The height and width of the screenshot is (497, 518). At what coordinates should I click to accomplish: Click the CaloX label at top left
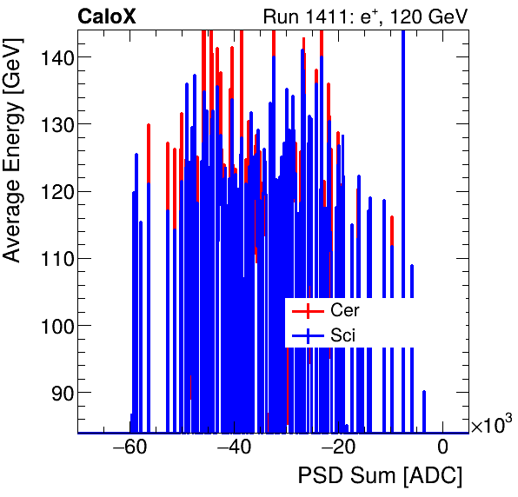pyautogui.click(x=105, y=17)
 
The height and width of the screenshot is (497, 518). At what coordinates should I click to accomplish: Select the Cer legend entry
pyautogui.click(x=344, y=310)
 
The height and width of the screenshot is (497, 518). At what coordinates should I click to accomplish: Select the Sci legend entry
pyautogui.click(x=342, y=335)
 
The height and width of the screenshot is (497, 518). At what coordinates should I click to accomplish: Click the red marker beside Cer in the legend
pyautogui.click(x=307, y=310)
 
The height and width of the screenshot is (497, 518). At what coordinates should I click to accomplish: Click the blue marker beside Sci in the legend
pyautogui.click(x=307, y=335)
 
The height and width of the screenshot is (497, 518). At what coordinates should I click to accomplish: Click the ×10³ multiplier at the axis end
pyautogui.click(x=491, y=425)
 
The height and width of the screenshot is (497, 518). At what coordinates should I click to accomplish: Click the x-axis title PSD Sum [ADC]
pyautogui.click(x=380, y=476)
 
